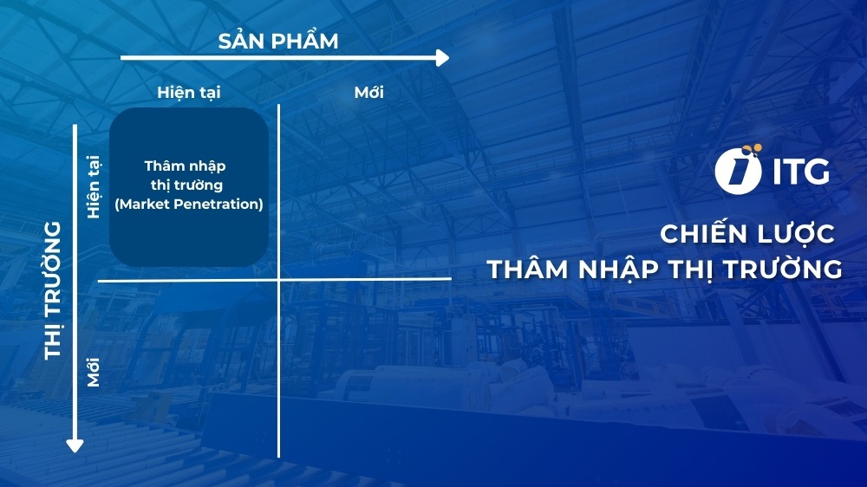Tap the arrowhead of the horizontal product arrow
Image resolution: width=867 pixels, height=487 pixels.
click(x=442, y=58)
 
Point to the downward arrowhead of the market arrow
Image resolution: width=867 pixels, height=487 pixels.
click(x=75, y=445)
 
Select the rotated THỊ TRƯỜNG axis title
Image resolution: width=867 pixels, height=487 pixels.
click(x=54, y=289)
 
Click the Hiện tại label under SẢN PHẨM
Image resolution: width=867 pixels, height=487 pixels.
click(x=194, y=92)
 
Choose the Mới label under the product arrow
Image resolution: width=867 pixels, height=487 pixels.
click(x=368, y=92)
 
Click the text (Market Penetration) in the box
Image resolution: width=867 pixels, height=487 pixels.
click(x=188, y=205)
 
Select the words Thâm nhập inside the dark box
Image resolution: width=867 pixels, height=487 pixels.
click(x=185, y=166)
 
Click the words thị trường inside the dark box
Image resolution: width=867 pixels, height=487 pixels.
click(x=185, y=185)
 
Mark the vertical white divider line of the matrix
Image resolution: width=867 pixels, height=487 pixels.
click(x=278, y=364)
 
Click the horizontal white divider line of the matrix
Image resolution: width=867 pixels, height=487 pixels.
click(x=364, y=279)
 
